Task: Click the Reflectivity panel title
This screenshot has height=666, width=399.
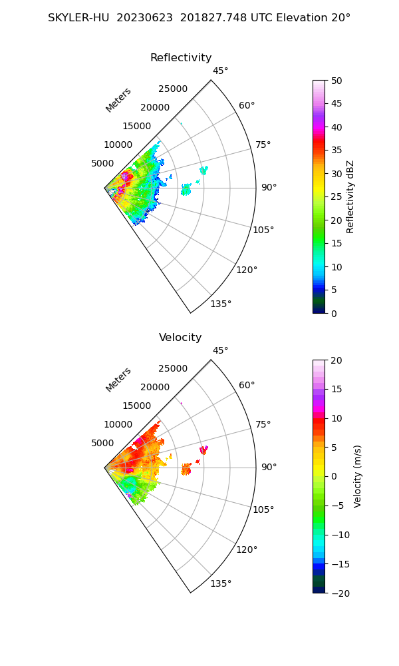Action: pyautogui.click(x=181, y=58)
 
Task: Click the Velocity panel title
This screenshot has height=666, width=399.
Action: pyautogui.click(x=180, y=338)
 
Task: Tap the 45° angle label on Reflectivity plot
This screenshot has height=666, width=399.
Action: pyautogui.click(x=220, y=71)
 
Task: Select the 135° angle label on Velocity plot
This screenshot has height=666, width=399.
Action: pyautogui.click(x=221, y=584)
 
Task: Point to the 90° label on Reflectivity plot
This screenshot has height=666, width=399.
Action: pyautogui.click(x=268, y=188)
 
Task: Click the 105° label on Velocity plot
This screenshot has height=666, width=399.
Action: pyautogui.click(x=263, y=509)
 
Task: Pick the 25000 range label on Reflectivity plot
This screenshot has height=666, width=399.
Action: pyautogui.click(x=173, y=89)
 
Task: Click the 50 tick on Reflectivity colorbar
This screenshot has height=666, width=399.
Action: pyautogui.click(x=336, y=81)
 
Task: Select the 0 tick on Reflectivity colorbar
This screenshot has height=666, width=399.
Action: pyautogui.click(x=334, y=313)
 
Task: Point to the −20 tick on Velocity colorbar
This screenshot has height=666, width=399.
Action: pyautogui.click(x=339, y=593)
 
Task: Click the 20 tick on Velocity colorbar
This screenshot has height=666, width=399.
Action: pyautogui.click(x=336, y=360)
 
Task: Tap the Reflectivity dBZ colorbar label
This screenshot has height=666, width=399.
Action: pyautogui.click(x=350, y=196)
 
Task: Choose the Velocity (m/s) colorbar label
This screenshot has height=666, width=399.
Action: pyautogui.click(x=357, y=476)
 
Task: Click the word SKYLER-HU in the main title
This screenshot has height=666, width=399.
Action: pyautogui.click(x=78, y=18)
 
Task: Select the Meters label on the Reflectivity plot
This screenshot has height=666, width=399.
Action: pyautogui.click(x=118, y=100)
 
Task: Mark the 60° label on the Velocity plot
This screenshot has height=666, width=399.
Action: pyautogui.click(x=247, y=386)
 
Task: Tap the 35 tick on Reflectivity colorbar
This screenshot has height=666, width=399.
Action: pyautogui.click(x=336, y=151)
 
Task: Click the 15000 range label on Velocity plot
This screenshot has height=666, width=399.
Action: pyautogui.click(x=136, y=406)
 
